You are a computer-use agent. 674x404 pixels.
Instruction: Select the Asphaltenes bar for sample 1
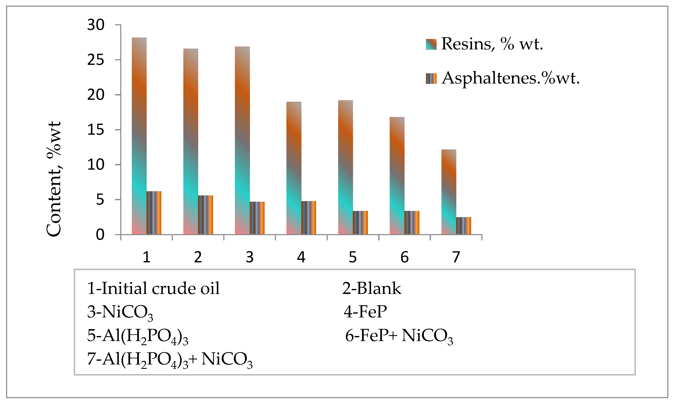click(x=154, y=213)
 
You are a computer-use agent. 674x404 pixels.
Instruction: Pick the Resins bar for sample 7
click(x=449, y=192)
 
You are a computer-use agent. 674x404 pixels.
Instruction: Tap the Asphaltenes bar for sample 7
click(x=464, y=226)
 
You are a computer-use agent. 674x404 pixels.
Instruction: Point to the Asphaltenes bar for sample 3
click(x=257, y=218)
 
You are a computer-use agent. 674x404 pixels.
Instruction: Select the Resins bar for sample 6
click(x=397, y=176)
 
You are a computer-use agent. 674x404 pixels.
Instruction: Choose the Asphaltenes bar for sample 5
click(x=360, y=222)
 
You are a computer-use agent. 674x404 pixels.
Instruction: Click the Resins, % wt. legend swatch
click(x=431, y=44)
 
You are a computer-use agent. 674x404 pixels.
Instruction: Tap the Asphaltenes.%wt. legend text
click(x=510, y=78)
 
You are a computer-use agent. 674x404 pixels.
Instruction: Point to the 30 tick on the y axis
click(x=96, y=25)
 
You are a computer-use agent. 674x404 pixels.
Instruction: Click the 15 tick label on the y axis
click(x=96, y=130)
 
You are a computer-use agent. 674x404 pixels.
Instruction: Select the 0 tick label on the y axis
click(x=100, y=235)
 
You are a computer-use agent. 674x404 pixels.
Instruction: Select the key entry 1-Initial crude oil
click(x=153, y=288)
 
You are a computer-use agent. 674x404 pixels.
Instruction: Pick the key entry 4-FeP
click(x=365, y=312)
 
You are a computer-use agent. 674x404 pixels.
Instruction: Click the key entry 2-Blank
click(x=371, y=288)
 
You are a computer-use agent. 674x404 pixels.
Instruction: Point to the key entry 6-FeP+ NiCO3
click(x=399, y=336)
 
